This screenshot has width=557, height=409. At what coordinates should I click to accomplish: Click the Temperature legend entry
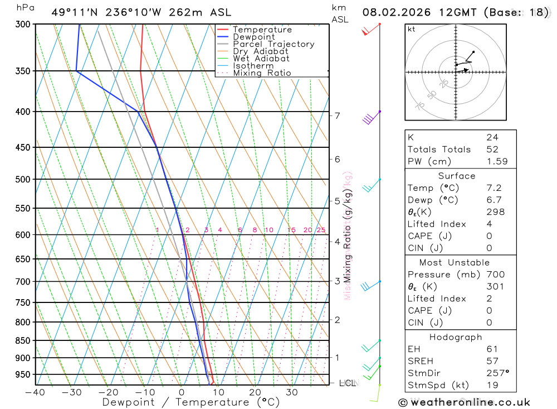click(x=262, y=30)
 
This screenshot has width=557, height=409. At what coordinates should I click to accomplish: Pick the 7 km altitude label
click(x=337, y=116)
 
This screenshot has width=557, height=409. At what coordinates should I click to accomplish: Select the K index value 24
click(x=492, y=137)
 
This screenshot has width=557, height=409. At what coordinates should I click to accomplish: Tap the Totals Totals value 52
click(x=492, y=150)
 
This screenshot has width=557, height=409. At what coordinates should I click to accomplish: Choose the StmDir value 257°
click(x=497, y=373)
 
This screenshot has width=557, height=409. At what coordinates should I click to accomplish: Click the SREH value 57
click(x=492, y=361)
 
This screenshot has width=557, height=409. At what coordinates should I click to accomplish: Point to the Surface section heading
click(x=457, y=176)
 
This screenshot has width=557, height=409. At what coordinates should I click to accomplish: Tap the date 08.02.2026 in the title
click(x=398, y=12)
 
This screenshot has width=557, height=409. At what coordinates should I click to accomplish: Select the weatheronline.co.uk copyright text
click(x=464, y=402)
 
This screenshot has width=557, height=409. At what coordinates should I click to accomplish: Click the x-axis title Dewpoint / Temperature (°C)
click(x=191, y=402)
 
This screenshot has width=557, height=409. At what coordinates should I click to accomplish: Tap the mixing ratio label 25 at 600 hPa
click(x=321, y=230)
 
